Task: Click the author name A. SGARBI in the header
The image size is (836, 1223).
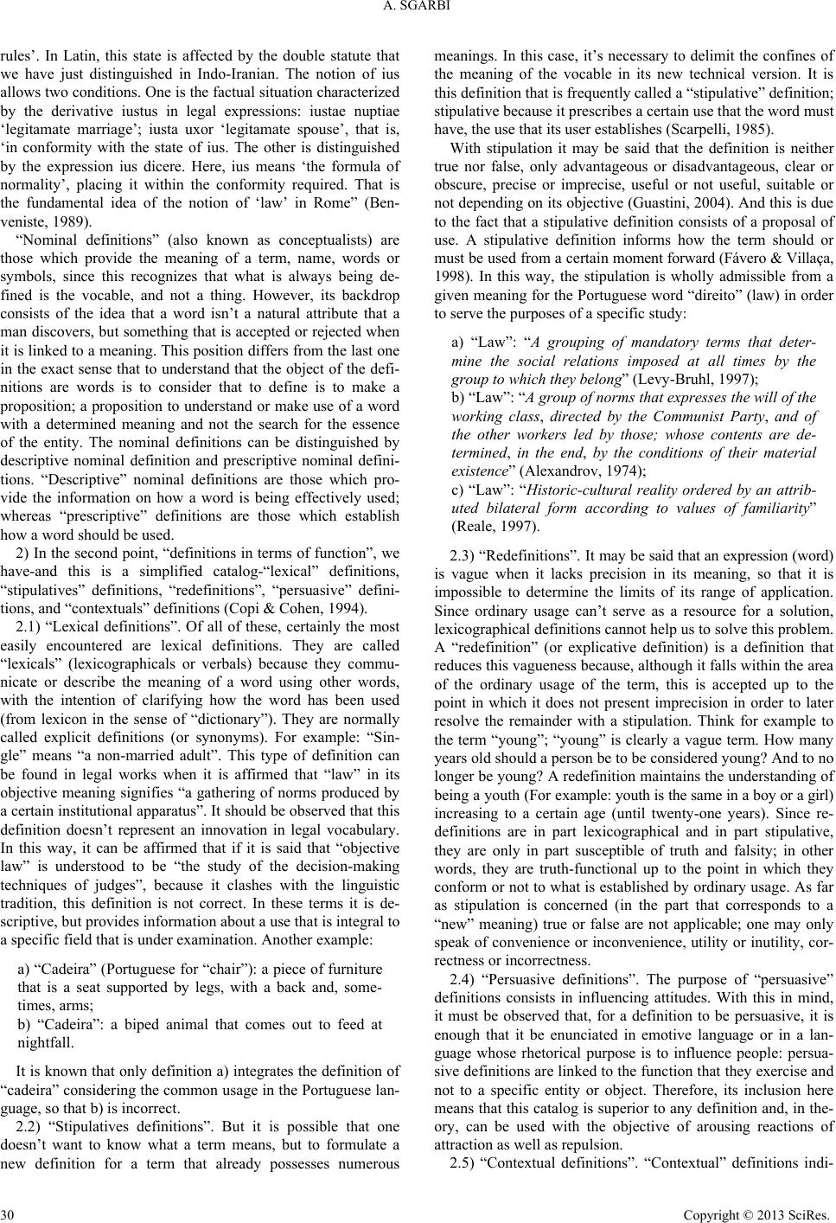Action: point(418,10)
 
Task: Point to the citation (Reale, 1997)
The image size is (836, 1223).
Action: point(495,525)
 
